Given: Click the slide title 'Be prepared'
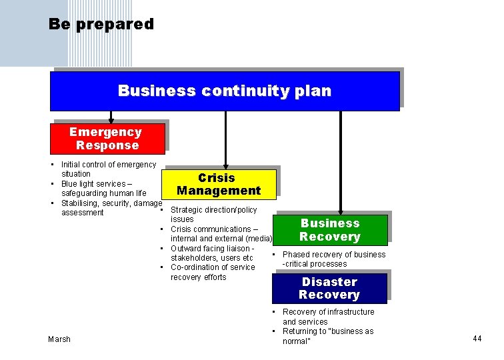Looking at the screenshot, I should (x=101, y=25).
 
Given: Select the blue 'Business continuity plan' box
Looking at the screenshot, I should (x=224, y=91).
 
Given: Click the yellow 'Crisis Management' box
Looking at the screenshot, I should (x=219, y=185).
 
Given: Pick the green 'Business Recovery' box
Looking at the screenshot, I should (x=329, y=230).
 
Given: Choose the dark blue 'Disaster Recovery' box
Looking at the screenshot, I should (x=329, y=289).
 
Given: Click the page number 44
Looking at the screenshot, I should (x=477, y=339).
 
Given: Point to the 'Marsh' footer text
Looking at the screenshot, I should (x=59, y=339).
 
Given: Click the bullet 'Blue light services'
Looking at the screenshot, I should (x=103, y=189).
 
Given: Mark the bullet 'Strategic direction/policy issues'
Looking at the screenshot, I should (x=213, y=215).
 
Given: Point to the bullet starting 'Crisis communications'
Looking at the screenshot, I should (x=220, y=234).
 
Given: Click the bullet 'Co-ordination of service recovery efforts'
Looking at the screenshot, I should (x=212, y=272).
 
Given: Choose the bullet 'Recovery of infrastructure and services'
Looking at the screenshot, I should (x=328, y=317).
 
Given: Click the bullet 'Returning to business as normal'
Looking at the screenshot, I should (x=327, y=336).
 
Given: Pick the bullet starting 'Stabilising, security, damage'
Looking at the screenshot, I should (x=111, y=208).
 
